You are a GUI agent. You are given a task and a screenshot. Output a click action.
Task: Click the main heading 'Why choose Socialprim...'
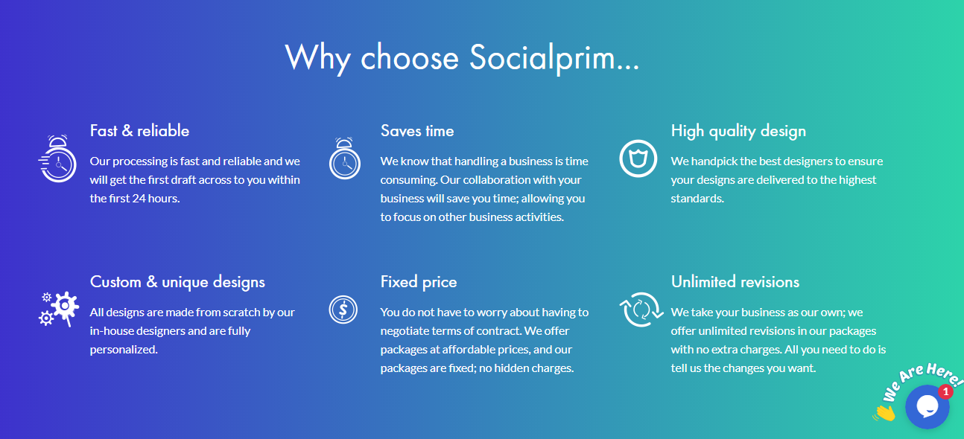462,58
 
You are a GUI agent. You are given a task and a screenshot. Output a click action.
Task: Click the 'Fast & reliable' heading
139,131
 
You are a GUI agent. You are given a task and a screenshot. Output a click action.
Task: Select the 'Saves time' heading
417,131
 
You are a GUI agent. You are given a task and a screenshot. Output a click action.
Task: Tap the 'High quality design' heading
738,131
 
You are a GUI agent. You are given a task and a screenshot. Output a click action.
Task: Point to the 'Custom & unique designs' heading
177,282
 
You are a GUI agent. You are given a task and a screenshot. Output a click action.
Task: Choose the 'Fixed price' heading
419,282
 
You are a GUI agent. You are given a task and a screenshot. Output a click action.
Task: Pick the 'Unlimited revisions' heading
735,282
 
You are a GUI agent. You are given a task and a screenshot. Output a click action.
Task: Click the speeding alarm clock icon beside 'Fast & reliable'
57,158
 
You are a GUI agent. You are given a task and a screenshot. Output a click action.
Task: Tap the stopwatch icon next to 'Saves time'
345,158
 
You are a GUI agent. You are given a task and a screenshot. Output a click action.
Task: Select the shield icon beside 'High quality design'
638,158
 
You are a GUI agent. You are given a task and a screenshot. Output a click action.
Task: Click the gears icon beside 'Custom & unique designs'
59,309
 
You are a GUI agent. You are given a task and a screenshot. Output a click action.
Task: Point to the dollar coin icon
343,310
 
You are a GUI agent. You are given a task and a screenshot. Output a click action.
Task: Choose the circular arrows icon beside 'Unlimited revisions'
641,310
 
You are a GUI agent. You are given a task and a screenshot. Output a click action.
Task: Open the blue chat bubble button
927,407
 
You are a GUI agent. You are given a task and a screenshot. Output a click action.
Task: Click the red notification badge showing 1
945,392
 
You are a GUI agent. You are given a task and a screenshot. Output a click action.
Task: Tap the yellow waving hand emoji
884,413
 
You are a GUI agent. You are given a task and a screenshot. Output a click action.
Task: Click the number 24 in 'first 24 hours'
139,199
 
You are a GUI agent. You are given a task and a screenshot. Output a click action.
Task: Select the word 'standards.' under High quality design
697,199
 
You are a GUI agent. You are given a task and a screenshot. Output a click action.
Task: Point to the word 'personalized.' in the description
124,350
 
